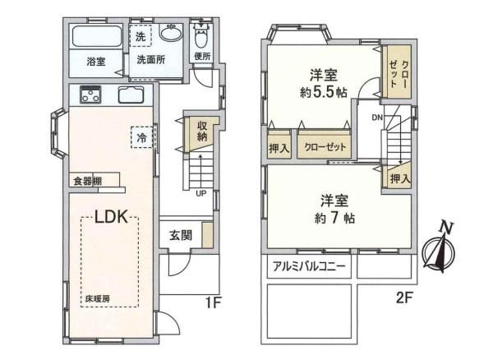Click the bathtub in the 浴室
pyautogui.click(x=97, y=36)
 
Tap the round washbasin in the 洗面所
pyautogui.click(x=171, y=33)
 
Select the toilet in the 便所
pyautogui.click(x=200, y=36)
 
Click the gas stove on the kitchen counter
pyautogui.click(x=90, y=95)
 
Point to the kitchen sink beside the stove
pyautogui.click(x=131, y=95)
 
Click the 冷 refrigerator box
pyautogui.click(x=142, y=137)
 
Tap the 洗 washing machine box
pyautogui.click(x=141, y=36)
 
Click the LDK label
pyautogui.click(x=111, y=217)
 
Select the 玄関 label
pyautogui.click(x=181, y=236)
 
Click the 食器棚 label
pyautogui.click(x=87, y=182)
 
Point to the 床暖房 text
pyautogui.click(x=98, y=299)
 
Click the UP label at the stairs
pyautogui.click(x=201, y=193)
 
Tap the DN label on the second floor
pyautogui.click(x=377, y=118)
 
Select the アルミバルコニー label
pyautogui.click(x=309, y=267)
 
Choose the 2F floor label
pyautogui.click(x=403, y=298)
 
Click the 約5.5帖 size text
pyautogui.click(x=324, y=92)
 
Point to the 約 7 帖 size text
pyautogui.click(x=335, y=218)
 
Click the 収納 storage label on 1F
pyautogui.click(x=202, y=132)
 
